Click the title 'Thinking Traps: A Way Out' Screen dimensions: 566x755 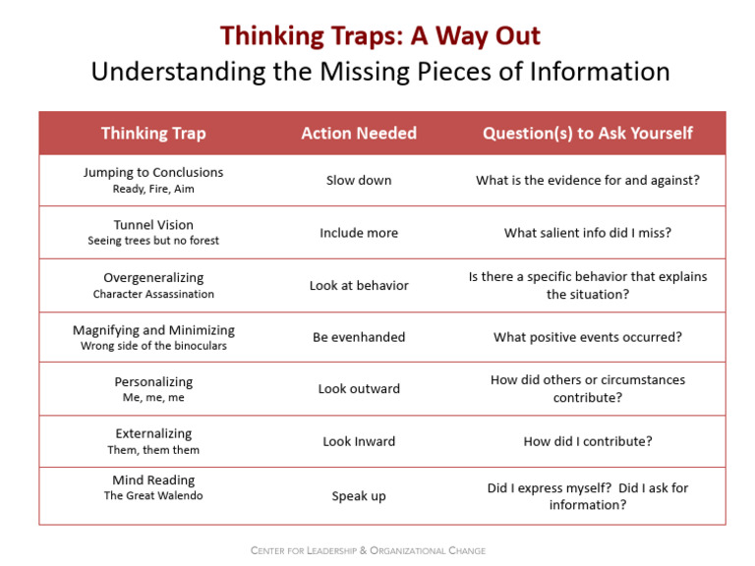(x=380, y=36)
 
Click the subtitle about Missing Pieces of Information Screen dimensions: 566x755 (x=380, y=72)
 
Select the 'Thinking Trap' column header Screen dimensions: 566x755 (x=153, y=134)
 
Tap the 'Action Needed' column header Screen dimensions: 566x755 (x=359, y=134)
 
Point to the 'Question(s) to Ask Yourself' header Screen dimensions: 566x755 (x=588, y=134)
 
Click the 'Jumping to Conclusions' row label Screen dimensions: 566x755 (x=153, y=172)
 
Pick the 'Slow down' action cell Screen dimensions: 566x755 (x=359, y=181)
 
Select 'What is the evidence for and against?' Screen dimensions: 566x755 (x=588, y=181)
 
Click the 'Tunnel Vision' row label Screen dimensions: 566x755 (x=153, y=225)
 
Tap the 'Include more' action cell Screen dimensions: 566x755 (x=359, y=233)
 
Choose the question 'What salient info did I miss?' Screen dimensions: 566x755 (x=588, y=233)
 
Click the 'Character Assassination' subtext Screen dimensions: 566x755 (x=153, y=294)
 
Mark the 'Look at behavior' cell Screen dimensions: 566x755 (x=359, y=286)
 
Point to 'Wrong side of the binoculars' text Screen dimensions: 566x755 (x=153, y=346)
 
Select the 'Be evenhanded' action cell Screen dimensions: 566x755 (x=359, y=337)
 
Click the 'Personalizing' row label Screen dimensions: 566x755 (x=153, y=381)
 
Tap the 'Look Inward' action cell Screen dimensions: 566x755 (x=359, y=441)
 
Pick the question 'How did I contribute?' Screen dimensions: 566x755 (x=588, y=441)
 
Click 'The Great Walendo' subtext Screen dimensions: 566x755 (x=153, y=496)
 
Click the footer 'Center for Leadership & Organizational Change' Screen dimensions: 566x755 (x=368, y=550)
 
